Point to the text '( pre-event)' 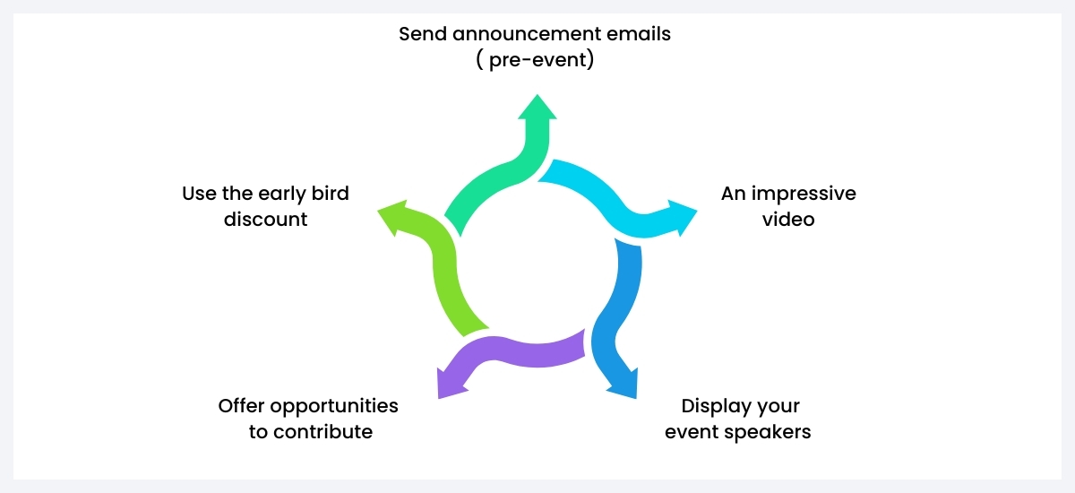[x=535, y=62]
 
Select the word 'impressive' [x=802, y=194]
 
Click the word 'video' [x=788, y=219]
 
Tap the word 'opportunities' [x=335, y=406]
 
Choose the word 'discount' [x=266, y=219]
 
